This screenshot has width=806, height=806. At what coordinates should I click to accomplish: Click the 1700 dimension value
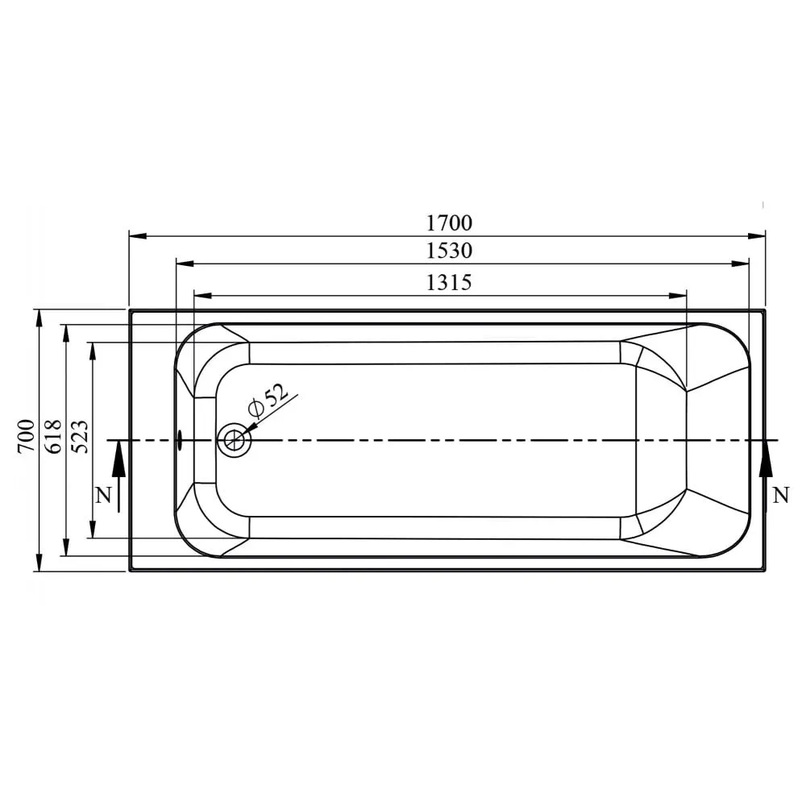449,222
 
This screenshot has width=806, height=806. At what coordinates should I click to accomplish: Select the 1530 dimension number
449,251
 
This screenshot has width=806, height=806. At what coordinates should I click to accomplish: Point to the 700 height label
27,436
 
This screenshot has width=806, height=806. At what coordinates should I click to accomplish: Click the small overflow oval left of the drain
180,440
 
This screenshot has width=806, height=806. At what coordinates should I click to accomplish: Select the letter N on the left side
102,495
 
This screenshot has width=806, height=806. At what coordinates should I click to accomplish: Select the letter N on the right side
780,495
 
